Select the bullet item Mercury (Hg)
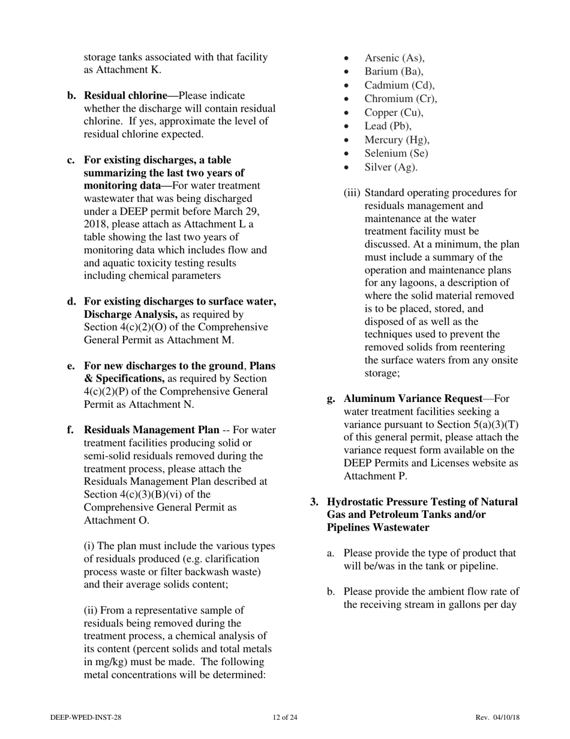click(397, 140)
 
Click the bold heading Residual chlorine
click(131, 96)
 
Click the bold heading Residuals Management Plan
click(151, 430)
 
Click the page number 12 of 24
click(284, 717)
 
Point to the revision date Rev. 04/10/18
click(497, 717)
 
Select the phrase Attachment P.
click(375, 476)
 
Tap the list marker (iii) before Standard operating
click(352, 193)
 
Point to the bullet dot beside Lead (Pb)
click(347, 127)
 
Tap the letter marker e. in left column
click(71, 366)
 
